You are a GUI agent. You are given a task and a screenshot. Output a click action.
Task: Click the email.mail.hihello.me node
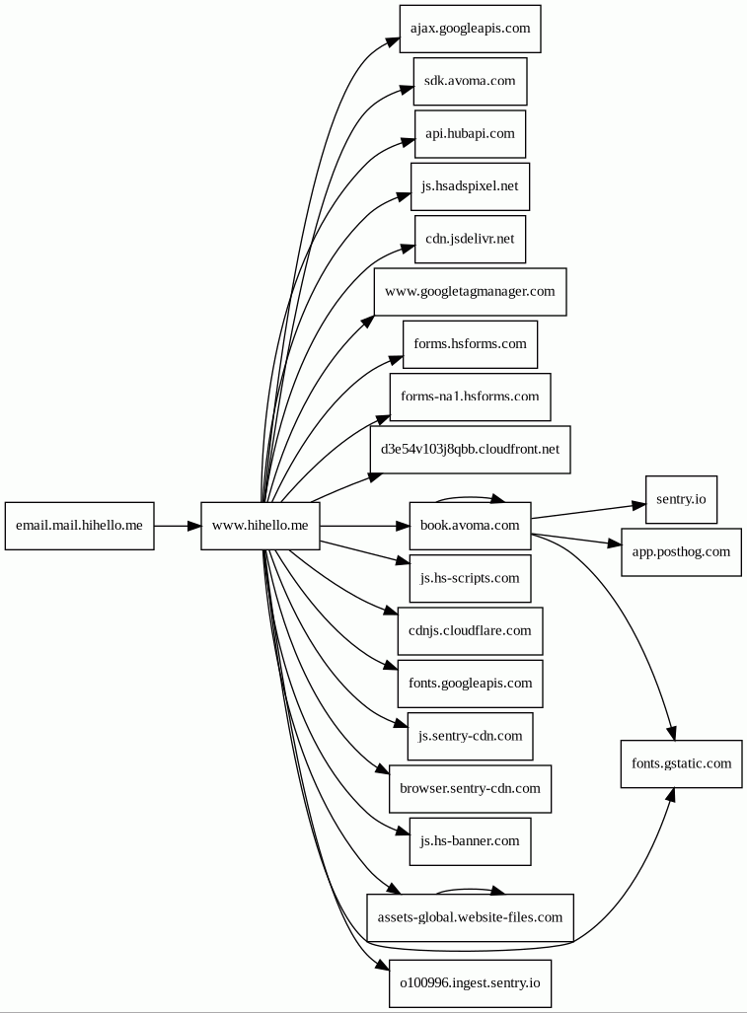[x=80, y=526]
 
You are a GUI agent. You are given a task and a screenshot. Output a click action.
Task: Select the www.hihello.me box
[x=261, y=526]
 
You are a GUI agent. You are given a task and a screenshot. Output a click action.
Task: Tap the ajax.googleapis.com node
[x=471, y=29]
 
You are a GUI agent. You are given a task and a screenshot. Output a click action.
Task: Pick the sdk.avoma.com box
[x=471, y=82]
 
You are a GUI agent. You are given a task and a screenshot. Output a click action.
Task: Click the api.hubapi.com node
[x=471, y=134]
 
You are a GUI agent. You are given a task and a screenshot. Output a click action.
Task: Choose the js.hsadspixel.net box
[x=471, y=186]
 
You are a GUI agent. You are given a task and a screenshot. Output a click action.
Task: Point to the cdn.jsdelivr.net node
[x=471, y=239]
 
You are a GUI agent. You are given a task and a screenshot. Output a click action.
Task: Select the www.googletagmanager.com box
[x=471, y=292]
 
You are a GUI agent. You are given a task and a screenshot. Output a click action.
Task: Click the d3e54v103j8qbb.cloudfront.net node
[x=471, y=450]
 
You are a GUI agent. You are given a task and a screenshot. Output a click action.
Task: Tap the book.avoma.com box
[x=471, y=526]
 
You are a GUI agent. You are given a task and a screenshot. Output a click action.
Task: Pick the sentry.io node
[x=681, y=499]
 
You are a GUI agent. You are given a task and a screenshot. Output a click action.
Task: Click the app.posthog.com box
[x=681, y=552]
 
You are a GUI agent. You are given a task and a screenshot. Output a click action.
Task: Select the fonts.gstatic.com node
[x=681, y=764]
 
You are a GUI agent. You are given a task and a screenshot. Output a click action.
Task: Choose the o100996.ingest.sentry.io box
[x=471, y=983]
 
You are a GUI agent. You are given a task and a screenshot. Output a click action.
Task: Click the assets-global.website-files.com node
[x=471, y=918]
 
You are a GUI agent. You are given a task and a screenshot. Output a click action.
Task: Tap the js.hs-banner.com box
[x=471, y=841]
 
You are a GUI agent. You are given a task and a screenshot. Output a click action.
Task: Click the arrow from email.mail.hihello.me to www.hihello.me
[x=178, y=526]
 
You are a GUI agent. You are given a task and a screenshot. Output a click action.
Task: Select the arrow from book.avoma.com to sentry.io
[x=588, y=510]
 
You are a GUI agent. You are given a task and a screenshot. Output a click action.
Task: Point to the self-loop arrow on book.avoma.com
[x=471, y=497]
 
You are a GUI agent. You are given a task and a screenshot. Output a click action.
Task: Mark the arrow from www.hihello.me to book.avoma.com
[x=365, y=526]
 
